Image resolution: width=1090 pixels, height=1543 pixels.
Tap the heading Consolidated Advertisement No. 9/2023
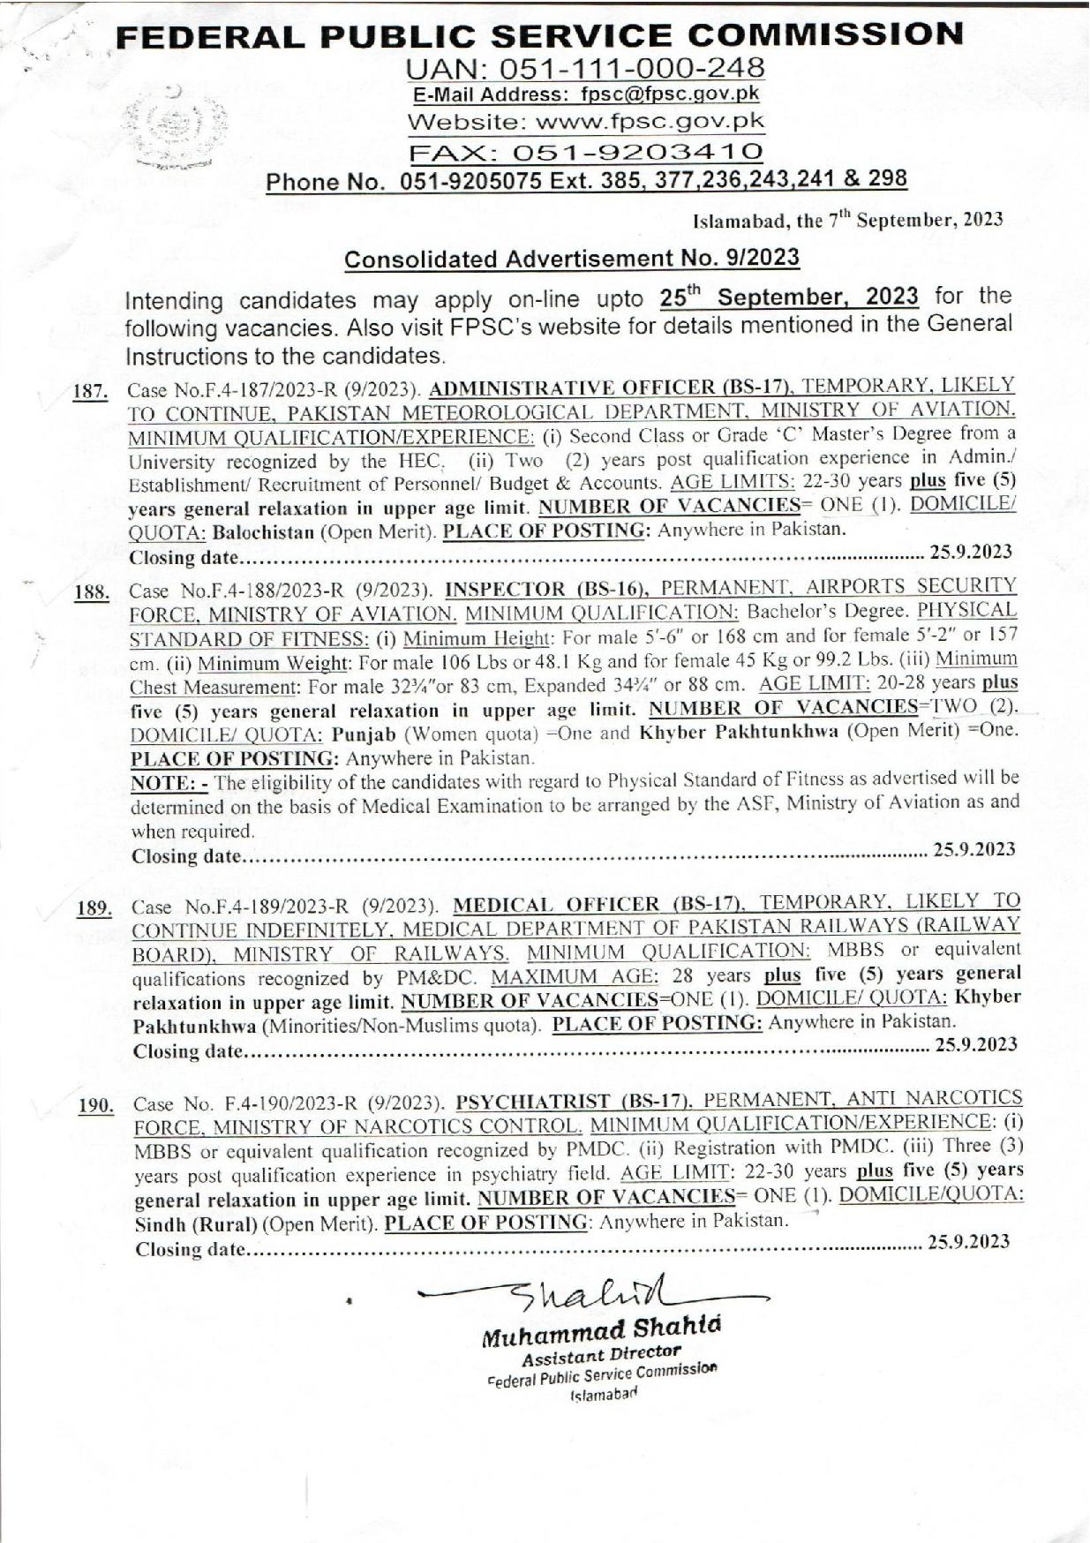pyautogui.click(x=571, y=258)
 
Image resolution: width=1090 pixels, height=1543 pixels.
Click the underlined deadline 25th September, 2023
pyautogui.click(x=789, y=296)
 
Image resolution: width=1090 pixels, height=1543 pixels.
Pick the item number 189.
pyautogui.click(x=94, y=910)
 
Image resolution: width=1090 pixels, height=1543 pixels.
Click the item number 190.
pyautogui.click(x=94, y=1106)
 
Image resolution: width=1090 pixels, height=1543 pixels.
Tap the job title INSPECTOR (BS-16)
pyautogui.click(x=547, y=587)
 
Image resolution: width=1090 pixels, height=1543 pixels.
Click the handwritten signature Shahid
pyautogui.click(x=587, y=1297)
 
